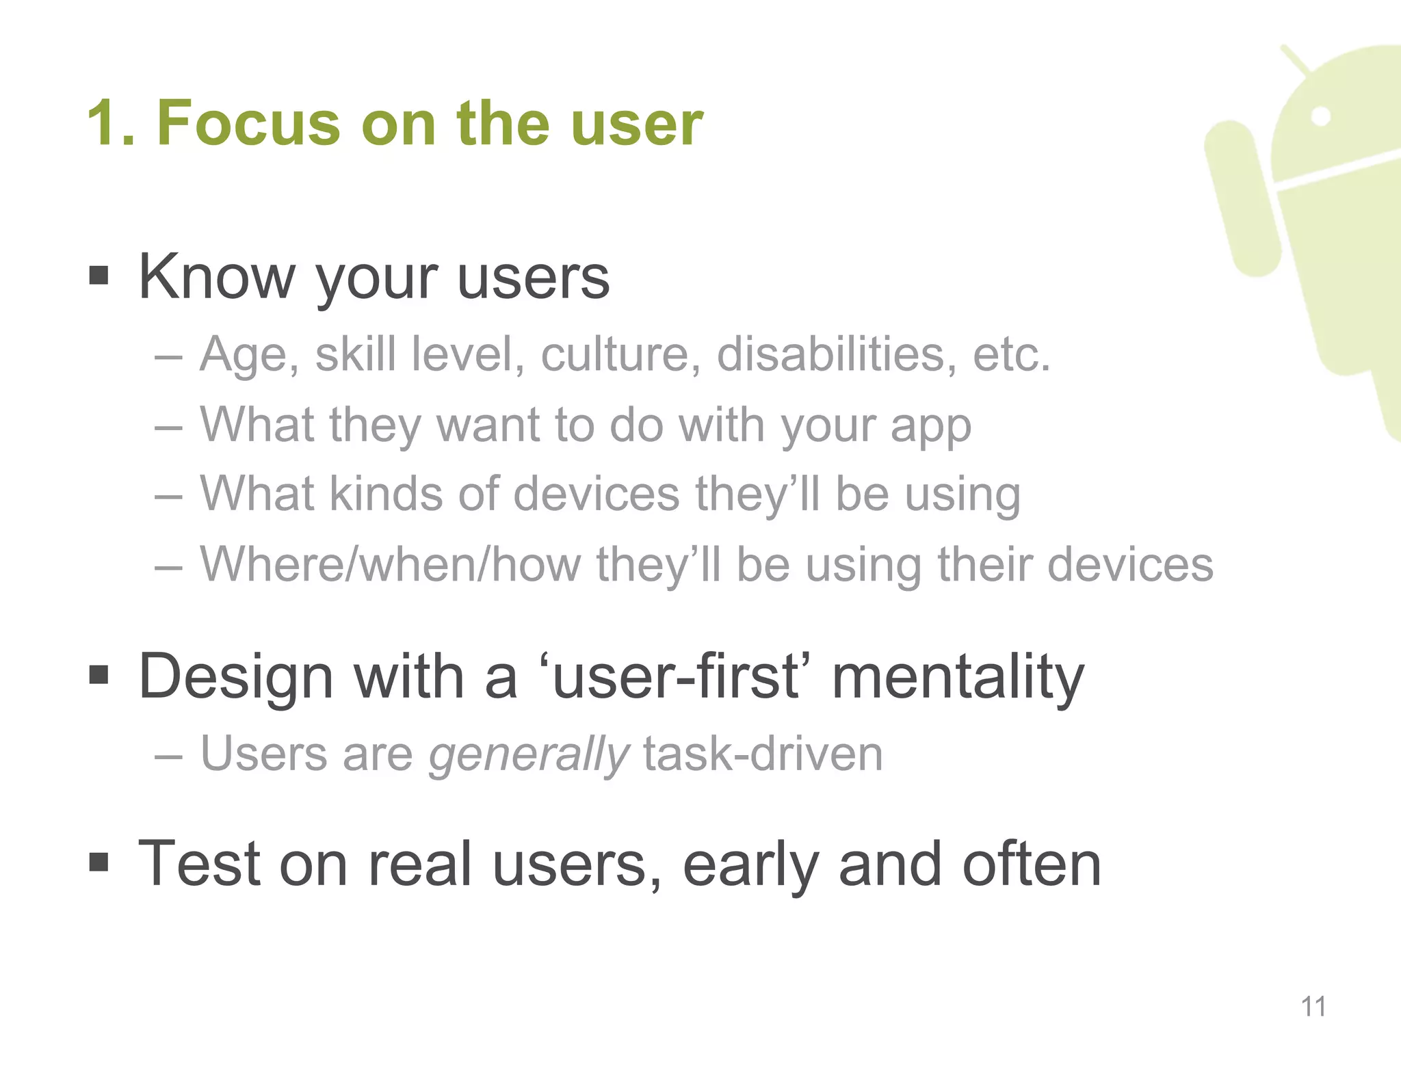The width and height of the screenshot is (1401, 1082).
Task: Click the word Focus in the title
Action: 248,124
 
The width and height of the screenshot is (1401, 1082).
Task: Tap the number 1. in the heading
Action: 111,124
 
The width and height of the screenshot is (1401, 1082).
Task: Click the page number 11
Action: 1313,1007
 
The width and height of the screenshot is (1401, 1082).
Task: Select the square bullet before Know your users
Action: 99,276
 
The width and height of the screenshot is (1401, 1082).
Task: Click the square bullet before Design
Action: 99,676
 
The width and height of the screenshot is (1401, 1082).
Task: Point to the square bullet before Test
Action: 99,862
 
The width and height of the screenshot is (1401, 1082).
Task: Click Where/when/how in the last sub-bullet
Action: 390,564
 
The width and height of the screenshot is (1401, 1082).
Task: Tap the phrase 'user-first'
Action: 675,677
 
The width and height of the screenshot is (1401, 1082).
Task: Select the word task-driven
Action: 763,754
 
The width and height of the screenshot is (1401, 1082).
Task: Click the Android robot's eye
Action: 1322,116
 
